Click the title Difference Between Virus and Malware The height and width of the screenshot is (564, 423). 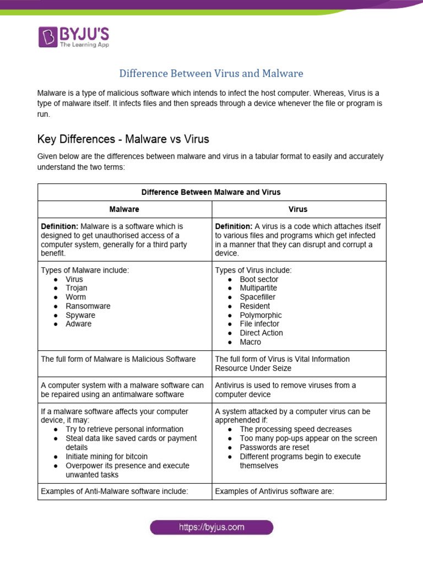pos(211,73)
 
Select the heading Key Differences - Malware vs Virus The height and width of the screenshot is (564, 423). pos(123,138)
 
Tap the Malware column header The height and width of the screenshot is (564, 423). pos(124,209)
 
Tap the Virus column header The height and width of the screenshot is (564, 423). pos(298,209)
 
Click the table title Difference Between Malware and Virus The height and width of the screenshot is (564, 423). pos(211,192)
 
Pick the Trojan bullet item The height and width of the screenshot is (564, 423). pos(76,288)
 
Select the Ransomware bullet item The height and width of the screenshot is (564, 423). pos(88,306)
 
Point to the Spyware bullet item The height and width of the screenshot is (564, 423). pos(80,315)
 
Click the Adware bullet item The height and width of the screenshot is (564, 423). pos(79,324)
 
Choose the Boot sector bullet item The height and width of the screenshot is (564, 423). pos(259,279)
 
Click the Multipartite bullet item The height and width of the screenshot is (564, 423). pos(258,288)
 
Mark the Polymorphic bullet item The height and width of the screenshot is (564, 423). pos(261,315)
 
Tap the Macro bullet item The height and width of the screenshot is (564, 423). pos(250,342)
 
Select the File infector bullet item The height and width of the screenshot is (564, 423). pos(259,324)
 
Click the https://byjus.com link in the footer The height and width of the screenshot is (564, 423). pos(211,527)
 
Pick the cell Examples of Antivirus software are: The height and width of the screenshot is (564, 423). pos(274,492)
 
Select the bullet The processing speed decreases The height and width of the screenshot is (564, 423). pos(295,429)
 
